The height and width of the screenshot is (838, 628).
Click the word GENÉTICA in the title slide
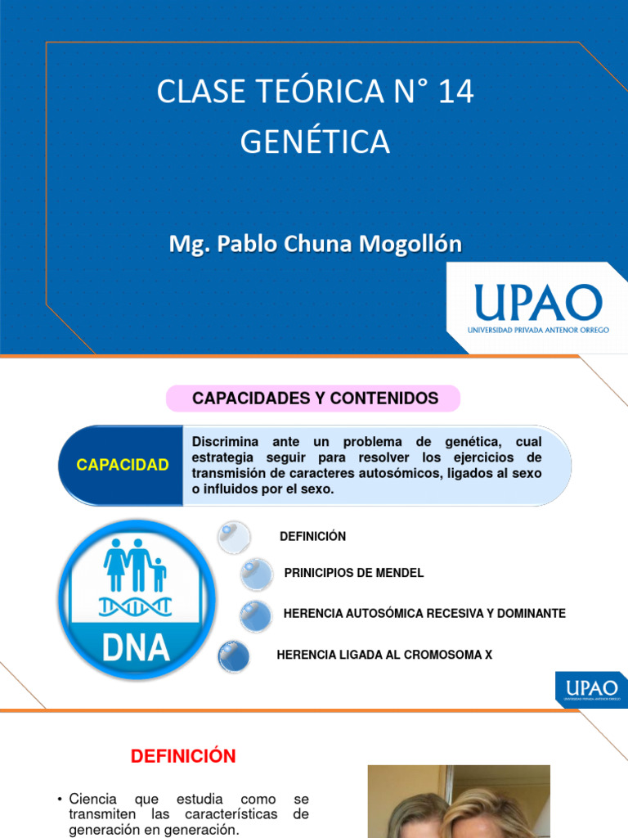pos(315,142)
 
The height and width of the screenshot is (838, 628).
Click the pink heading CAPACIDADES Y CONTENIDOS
pos(315,399)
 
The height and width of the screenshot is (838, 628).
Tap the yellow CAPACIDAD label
pos(123,465)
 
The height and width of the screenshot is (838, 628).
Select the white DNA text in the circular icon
pos(136,647)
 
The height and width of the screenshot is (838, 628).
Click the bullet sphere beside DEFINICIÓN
pos(232,537)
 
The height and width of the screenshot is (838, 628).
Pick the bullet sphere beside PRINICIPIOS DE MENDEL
pos(256,574)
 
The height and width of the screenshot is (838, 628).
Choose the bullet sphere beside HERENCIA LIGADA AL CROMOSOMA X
pos(234,656)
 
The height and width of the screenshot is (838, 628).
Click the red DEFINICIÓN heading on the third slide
pos(183,757)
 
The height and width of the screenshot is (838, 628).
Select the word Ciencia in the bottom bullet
pos(93,799)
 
